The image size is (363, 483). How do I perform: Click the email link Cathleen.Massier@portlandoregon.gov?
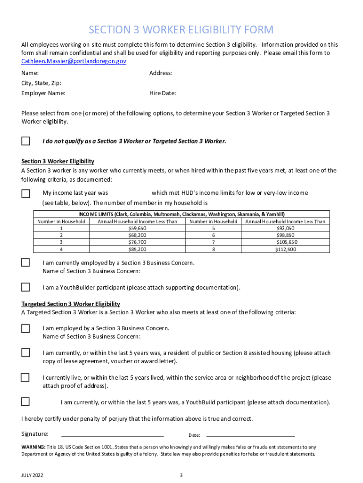74,61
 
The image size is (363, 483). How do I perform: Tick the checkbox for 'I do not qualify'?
25,141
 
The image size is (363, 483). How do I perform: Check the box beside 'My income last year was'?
25,193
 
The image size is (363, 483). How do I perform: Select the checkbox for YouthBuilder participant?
25,287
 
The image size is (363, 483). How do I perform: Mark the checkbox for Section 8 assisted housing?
25,353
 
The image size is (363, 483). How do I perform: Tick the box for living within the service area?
25,378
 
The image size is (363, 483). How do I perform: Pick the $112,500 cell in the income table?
285,250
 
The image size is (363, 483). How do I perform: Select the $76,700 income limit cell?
137,242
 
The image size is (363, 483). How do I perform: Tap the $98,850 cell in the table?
285,235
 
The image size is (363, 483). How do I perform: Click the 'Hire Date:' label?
163,93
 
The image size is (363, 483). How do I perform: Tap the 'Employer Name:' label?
43,93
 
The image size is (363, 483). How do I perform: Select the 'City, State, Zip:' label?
41,83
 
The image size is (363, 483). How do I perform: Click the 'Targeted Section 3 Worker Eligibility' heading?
71,304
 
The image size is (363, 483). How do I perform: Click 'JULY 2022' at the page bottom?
32,475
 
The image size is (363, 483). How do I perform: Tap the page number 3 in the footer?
181,475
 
